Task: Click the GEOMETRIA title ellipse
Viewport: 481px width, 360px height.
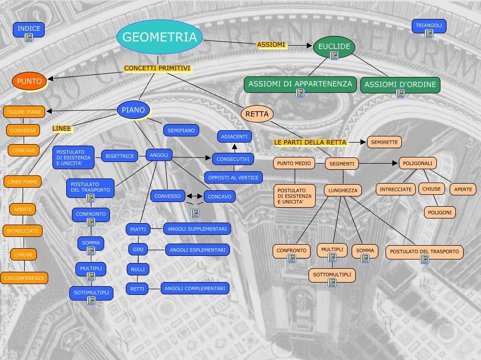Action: tap(160, 37)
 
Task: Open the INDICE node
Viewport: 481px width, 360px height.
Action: tap(29, 29)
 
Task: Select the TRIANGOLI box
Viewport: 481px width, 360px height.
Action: tap(429, 26)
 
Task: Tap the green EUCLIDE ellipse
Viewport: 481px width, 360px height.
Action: tap(334, 47)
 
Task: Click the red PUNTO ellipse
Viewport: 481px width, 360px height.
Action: tap(29, 81)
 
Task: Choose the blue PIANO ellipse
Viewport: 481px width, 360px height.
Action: tap(133, 110)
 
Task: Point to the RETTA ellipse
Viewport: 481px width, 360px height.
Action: tap(257, 114)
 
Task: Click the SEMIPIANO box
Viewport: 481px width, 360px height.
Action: tap(181, 131)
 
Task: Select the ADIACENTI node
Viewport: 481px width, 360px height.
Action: tap(234, 136)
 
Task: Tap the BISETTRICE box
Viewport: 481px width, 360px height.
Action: tap(119, 156)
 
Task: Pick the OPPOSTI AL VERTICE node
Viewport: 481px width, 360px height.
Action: tap(234, 177)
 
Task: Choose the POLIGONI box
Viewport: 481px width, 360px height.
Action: tap(440, 212)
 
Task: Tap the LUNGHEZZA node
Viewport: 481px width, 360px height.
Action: tap(342, 190)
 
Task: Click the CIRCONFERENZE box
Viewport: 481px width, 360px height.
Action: tap(24, 278)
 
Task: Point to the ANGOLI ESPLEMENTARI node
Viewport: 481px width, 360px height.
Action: tap(197, 250)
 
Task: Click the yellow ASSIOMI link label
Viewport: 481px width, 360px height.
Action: tap(271, 45)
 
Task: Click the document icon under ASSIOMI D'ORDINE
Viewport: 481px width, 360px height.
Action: tap(400, 93)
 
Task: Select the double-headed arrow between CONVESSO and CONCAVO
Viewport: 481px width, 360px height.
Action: tap(195, 196)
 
